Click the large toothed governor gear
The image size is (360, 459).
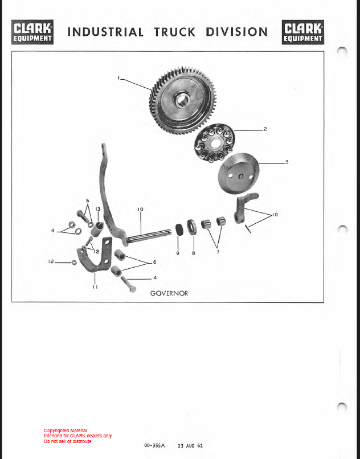[179, 100]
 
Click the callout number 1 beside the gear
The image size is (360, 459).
[119, 78]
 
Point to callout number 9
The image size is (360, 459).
[178, 253]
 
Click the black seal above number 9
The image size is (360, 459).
[179, 229]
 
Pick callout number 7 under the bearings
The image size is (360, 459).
[218, 252]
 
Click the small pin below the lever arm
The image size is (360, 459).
[248, 228]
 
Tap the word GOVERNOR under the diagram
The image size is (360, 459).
[169, 293]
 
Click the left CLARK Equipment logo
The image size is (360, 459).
[32, 32]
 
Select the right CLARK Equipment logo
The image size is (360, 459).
[303, 32]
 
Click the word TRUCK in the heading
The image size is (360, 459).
[174, 32]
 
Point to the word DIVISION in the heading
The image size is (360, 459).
[237, 32]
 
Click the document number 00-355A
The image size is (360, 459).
[154, 445]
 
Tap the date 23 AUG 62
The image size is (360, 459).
[190, 446]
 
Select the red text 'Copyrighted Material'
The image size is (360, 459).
[66, 431]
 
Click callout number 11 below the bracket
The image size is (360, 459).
[95, 287]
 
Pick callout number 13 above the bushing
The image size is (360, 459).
[98, 209]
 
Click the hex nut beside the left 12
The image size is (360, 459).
[74, 262]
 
